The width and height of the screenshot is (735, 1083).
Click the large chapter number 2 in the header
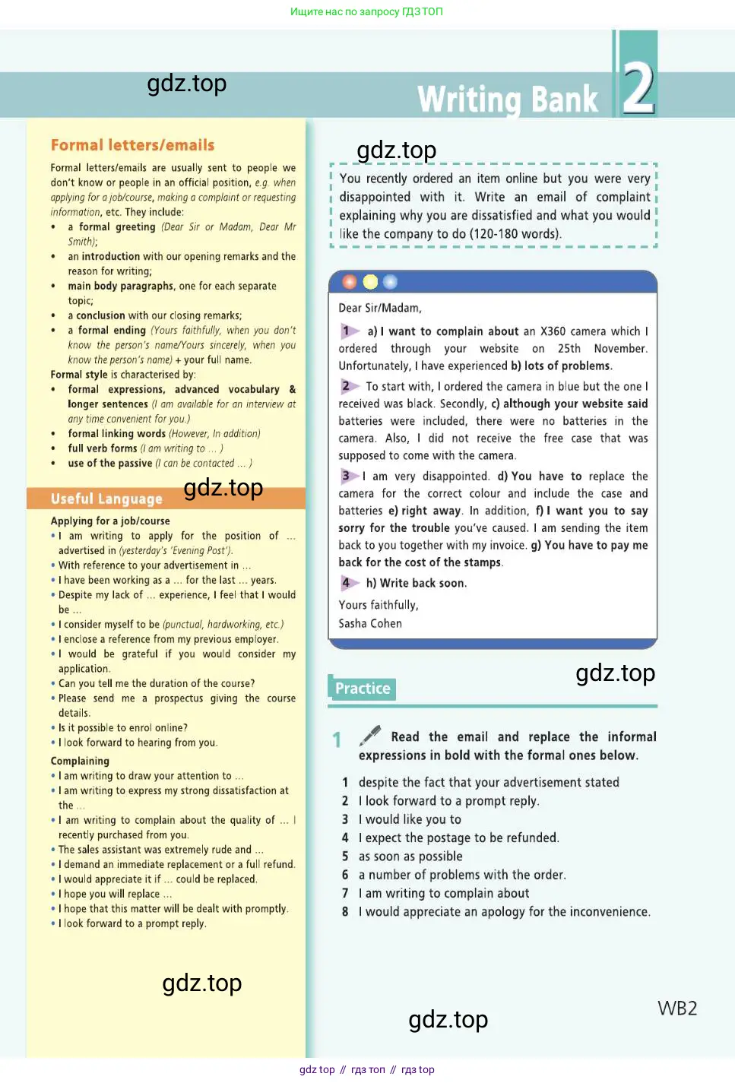(x=638, y=87)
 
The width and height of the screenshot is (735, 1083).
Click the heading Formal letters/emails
(x=132, y=145)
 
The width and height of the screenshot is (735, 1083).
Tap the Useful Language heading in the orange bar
(x=106, y=499)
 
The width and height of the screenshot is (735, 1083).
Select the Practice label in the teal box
(x=363, y=689)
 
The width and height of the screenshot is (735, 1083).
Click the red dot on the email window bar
(x=350, y=282)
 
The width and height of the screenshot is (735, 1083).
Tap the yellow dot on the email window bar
(x=370, y=282)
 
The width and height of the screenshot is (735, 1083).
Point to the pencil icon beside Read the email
(x=370, y=735)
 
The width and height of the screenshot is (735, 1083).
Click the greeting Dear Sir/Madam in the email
(x=379, y=308)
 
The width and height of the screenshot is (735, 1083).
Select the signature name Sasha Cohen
(x=370, y=623)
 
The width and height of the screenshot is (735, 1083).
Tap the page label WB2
(x=676, y=1008)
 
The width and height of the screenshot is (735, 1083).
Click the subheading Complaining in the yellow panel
(x=80, y=761)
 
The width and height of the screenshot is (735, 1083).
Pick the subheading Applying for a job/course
(x=110, y=521)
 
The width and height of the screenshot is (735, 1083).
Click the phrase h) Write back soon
(x=417, y=583)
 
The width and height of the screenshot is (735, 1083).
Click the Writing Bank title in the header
(x=508, y=100)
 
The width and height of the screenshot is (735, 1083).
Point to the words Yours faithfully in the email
(x=379, y=605)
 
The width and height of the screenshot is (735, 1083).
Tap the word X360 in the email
(x=553, y=331)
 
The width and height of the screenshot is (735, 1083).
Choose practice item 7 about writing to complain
(x=444, y=893)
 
